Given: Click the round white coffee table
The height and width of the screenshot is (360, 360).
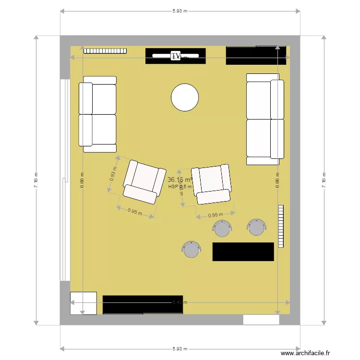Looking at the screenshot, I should (x=185, y=97).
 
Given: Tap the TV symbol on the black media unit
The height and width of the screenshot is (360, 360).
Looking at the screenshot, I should (x=176, y=56).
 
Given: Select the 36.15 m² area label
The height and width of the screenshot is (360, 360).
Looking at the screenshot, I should (x=180, y=180).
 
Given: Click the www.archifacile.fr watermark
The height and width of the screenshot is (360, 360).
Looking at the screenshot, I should (x=305, y=353).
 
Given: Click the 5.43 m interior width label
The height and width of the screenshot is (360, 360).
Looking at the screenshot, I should (x=180, y=302).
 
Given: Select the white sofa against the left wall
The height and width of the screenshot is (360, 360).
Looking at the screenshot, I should (x=98, y=114).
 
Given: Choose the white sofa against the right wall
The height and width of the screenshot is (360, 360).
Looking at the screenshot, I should (x=263, y=119).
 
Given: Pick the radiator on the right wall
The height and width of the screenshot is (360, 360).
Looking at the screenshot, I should (x=281, y=226).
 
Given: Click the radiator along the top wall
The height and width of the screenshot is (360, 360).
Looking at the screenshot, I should (x=105, y=50).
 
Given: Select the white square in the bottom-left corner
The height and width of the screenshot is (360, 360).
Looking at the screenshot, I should (x=83, y=303).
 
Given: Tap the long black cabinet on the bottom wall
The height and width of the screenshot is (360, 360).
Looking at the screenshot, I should (x=143, y=305).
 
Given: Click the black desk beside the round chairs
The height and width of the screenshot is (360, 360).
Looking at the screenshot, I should (x=243, y=252).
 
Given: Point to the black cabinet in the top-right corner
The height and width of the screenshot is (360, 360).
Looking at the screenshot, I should (x=256, y=55).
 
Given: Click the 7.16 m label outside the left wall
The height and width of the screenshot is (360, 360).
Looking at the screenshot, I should (x=36, y=180).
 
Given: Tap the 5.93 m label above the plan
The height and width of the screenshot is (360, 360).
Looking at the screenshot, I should (x=180, y=11).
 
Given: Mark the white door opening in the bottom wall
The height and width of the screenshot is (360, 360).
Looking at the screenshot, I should (x=261, y=320).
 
